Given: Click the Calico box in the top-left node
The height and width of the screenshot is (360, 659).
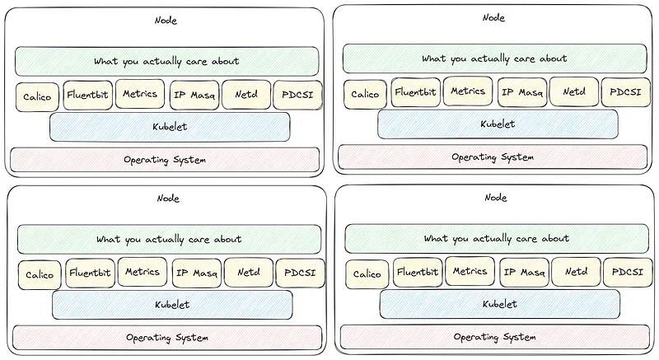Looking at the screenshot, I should (x=37, y=96).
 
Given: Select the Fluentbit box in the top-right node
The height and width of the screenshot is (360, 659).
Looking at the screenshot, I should (x=414, y=92).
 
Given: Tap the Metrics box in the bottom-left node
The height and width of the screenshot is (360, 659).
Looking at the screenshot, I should (x=143, y=272).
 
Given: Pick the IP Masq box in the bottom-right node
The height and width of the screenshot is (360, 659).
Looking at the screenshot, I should (x=523, y=272).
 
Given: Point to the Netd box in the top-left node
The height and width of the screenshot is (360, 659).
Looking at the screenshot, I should (x=245, y=96).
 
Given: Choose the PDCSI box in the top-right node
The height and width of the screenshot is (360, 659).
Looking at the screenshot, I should (x=625, y=92).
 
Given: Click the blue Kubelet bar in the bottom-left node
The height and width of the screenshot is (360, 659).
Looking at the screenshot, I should (x=172, y=305).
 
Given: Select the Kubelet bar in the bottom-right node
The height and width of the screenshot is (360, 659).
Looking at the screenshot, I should (x=500, y=304).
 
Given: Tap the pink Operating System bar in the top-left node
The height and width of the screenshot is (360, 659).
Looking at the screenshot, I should (x=165, y=159).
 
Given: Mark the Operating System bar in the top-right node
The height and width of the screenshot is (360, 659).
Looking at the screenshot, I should (x=493, y=157).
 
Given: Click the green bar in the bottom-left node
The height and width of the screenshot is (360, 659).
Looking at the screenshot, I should (x=169, y=239).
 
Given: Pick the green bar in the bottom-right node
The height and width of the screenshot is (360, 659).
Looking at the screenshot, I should (x=497, y=238).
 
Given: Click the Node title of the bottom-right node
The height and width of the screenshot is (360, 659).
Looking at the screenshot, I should (x=496, y=197).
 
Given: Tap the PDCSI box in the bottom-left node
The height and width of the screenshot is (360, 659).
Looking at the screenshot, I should (x=300, y=273).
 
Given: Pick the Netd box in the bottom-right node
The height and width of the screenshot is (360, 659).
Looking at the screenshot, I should (x=575, y=272).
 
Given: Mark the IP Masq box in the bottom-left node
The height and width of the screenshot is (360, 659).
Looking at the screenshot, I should (x=195, y=273).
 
